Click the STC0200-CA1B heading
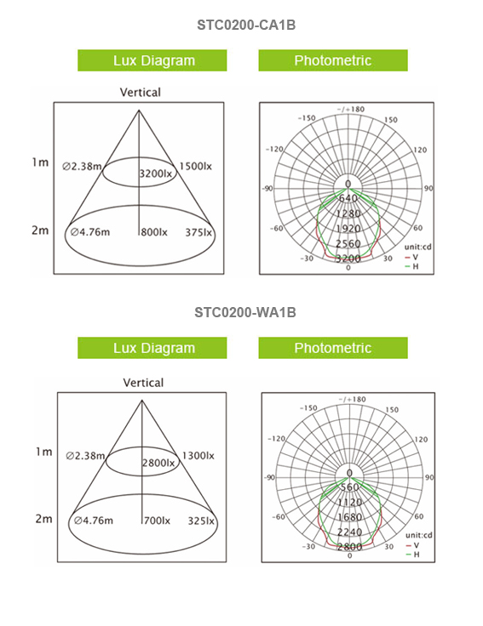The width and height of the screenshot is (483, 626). coord(246,26)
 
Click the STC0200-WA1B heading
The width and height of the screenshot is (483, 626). coord(245,312)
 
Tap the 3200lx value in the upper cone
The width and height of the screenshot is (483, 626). coord(156,174)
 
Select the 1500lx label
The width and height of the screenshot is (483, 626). coord(195,166)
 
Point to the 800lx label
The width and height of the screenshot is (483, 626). coord(154,232)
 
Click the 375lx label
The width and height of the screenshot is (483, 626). coord(198,232)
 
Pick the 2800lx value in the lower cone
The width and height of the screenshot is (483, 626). coord(158,463)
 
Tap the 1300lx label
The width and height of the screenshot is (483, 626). coord(198,456)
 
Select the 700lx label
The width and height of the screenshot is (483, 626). coord(157,521)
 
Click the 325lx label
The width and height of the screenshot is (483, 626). coord(201,521)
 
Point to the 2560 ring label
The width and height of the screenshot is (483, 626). coord(348,243)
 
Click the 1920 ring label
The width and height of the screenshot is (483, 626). coord(348,228)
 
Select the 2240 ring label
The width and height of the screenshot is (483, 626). coord(349,532)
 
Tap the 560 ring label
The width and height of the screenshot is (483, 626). coord(350,487)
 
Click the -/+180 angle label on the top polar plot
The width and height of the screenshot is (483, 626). coord(351,109)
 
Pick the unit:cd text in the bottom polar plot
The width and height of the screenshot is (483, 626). coord(418,535)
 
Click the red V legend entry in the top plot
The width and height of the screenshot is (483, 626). coord(411,258)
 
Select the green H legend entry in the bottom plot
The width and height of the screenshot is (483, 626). coord(412,555)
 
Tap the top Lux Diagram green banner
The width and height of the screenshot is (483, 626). coord(152,60)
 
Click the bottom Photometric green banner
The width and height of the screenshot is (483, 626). coord(333,348)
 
